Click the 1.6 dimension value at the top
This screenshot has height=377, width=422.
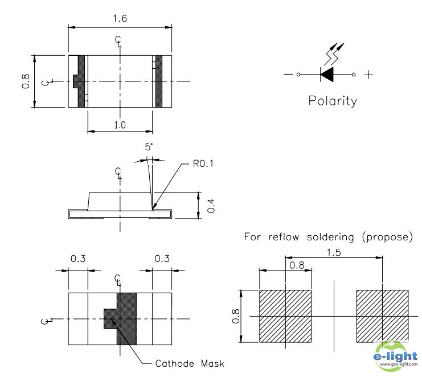(x=120, y=19)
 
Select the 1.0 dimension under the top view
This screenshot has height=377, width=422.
(x=120, y=125)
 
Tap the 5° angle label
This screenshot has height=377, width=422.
(x=149, y=147)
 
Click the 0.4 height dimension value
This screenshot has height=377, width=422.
(x=211, y=206)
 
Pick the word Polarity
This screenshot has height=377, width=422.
(x=333, y=101)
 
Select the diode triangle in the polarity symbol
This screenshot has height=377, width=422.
(x=327, y=74)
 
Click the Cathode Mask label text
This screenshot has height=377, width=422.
(x=190, y=363)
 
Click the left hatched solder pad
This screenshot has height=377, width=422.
(x=285, y=316)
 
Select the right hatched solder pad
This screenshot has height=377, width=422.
(x=382, y=316)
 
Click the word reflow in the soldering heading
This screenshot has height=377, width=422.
(x=284, y=237)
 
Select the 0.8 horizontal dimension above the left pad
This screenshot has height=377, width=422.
(x=297, y=265)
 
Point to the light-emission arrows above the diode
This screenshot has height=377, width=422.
(x=334, y=54)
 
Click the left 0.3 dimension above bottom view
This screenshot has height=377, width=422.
(x=78, y=259)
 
